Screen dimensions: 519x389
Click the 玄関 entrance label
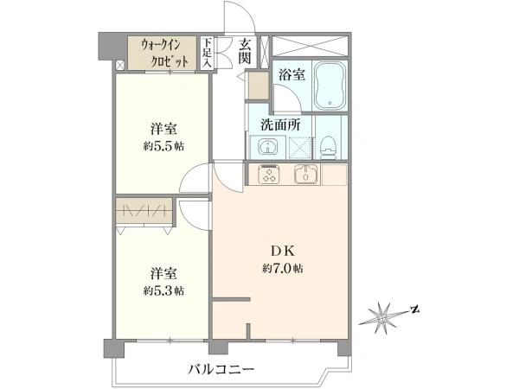[245, 52]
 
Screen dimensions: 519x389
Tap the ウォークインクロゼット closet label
[165, 54]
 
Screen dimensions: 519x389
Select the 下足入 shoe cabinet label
[207, 53]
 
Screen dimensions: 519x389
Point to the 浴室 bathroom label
[292, 74]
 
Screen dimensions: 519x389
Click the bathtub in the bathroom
[330, 86]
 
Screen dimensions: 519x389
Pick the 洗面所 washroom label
[280, 124]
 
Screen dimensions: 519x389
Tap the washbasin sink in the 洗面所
[267, 147]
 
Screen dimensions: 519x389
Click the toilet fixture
[330, 147]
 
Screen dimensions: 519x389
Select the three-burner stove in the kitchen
[269, 175]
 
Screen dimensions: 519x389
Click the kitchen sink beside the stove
[306, 174]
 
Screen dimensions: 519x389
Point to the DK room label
[283, 252]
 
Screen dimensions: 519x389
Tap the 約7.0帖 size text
[283, 268]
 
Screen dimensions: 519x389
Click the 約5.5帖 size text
[163, 146]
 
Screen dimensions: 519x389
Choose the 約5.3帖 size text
[163, 290]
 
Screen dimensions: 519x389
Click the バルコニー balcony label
[221, 369]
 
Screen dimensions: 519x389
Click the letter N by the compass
[414, 309]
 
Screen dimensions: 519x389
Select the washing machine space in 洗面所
[300, 147]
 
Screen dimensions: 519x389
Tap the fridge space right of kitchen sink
[334, 174]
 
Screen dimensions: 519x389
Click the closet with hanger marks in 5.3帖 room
[144, 211]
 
